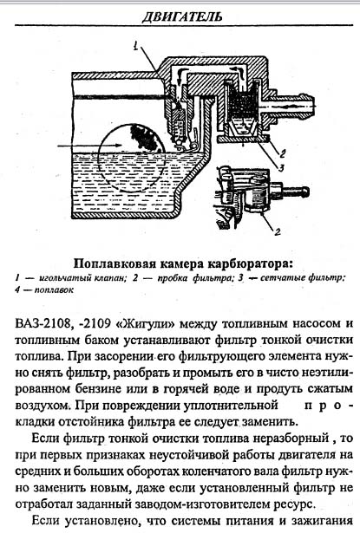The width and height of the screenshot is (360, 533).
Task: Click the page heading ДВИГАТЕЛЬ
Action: coord(181,16)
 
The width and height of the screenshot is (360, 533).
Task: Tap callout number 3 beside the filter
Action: coord(281,167)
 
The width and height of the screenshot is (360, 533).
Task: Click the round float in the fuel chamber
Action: coord(132,157)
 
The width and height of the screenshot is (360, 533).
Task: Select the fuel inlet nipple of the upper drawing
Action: coord(292,106)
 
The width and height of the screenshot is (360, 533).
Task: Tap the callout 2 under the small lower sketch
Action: coord(278,231)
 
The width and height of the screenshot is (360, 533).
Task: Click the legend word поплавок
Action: coord(54,290)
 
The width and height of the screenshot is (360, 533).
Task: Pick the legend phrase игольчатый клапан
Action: coord(83,278)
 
